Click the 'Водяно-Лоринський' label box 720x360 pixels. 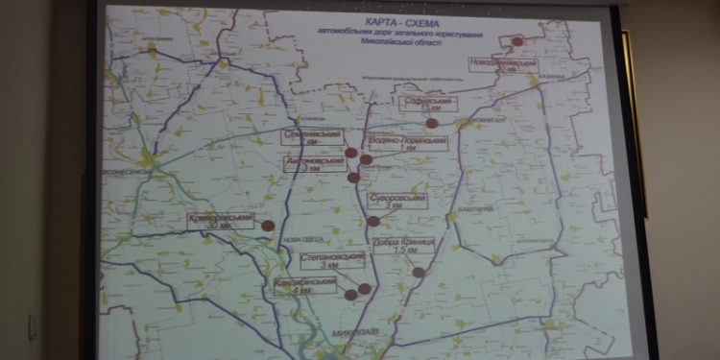(x=409, y=145)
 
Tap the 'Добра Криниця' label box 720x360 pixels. (x=405, y=246)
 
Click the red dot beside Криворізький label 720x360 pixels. (x=269, y=226)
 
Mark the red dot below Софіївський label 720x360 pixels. (x=432, y=122)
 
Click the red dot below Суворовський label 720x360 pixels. (x=373, y=221)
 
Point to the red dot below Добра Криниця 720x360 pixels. (x=419, y=272)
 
